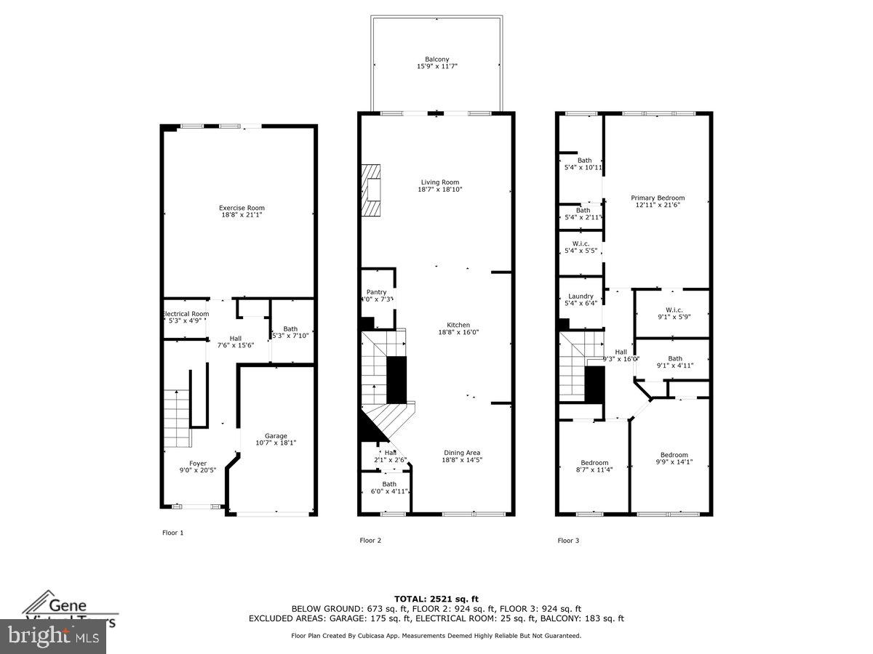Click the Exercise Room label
[242, 209]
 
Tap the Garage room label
[276, 436]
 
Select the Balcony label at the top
[436, 60]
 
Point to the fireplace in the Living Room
[372, 190]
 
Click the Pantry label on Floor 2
[376, 292]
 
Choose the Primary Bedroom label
[657, 198]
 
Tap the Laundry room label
[581, 296]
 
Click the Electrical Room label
[185, 314]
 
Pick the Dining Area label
[462, 453]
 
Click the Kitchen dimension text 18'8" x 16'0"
[458, 332]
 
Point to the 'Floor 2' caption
[370, 540]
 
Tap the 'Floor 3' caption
[568, 540]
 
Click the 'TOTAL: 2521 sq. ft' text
[436, 598]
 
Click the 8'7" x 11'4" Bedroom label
[594, 466]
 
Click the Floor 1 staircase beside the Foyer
[176, 419]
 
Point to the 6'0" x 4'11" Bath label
[389, 488]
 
